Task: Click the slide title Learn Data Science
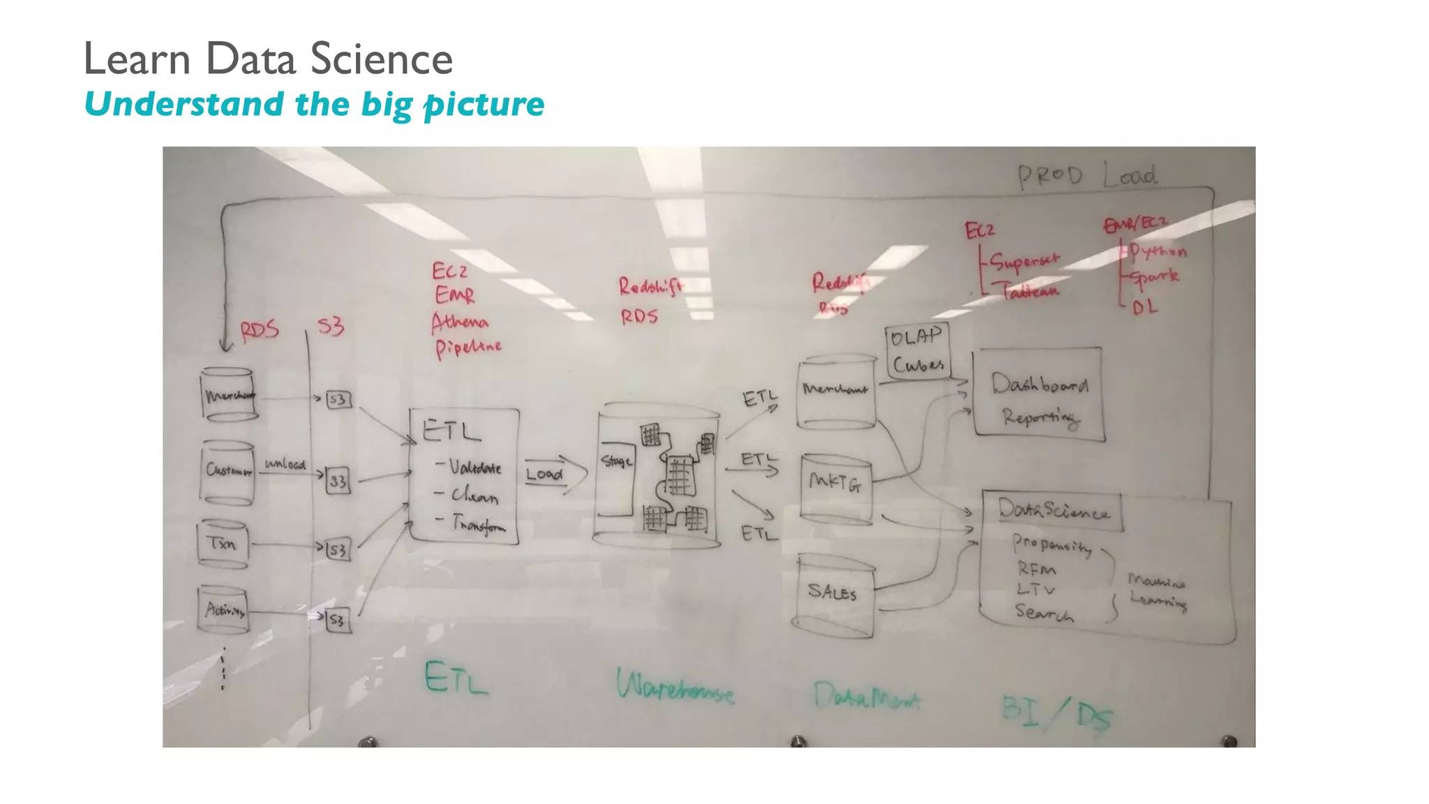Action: [268, 59]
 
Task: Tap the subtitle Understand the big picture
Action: [314, 104]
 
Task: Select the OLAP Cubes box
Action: [917, 351]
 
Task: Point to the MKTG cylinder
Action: [835, 489]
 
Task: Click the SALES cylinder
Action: [832, 595]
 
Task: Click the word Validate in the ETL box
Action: [474, 467]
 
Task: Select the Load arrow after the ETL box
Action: [555, 475]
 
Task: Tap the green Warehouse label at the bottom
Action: [675, 687]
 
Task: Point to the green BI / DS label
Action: [1056, 712]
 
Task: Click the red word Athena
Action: [459, 322]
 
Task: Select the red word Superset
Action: [1024, 261]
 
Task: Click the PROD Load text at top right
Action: [1086, 175]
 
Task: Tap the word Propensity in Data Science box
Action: [1052, 544]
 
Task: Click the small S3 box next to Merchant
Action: [338, 399]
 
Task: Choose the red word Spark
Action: [1154, 277]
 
